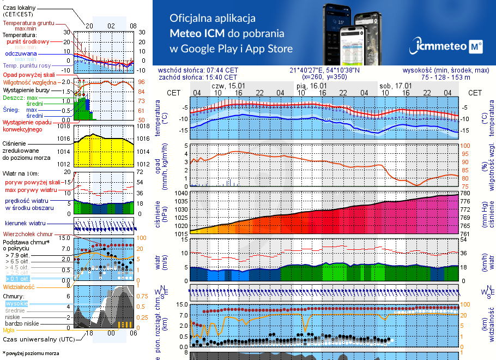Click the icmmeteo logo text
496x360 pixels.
439,47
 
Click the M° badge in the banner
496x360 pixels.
475,47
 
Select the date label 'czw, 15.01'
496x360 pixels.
228,86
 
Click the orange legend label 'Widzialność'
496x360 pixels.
19,286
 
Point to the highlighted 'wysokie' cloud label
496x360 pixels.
16,303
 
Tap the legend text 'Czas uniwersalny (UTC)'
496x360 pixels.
39,339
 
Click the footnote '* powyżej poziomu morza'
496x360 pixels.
31,353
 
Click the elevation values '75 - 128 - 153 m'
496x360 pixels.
455,77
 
